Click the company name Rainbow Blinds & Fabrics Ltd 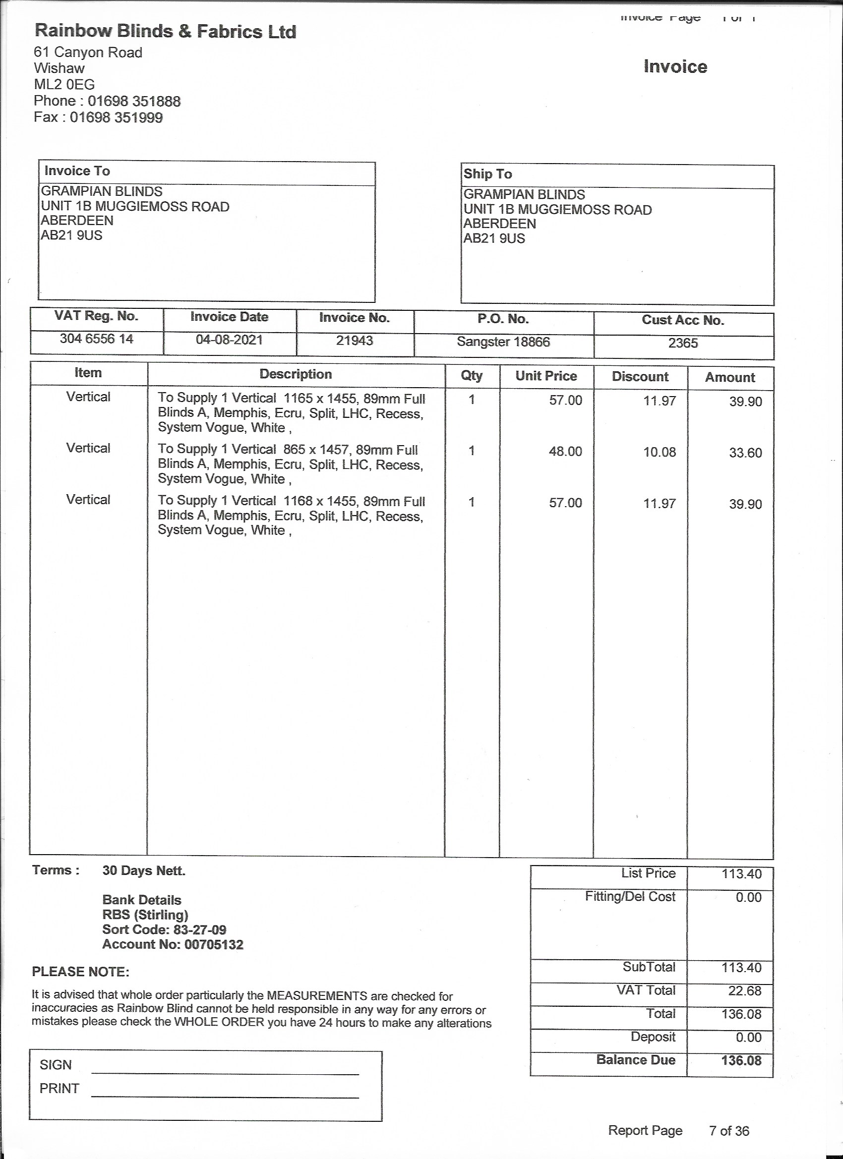pos(165,32)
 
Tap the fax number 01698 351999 pos(116,117)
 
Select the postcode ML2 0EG pos(64,84)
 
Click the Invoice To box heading pos(77,171)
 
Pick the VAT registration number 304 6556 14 pos(96,339)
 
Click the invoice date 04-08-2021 pos(229,340)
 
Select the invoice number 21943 pos(354,341)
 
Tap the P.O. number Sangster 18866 pos(503,342)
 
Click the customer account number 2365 pos(682,343)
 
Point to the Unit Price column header pos(546,376)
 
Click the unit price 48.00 pos(565,452)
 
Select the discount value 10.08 pos(659,452)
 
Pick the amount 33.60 pos(745,453)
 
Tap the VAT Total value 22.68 pos(744,991)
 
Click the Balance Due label pos(635,1060)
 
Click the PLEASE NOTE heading pos(81,972)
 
